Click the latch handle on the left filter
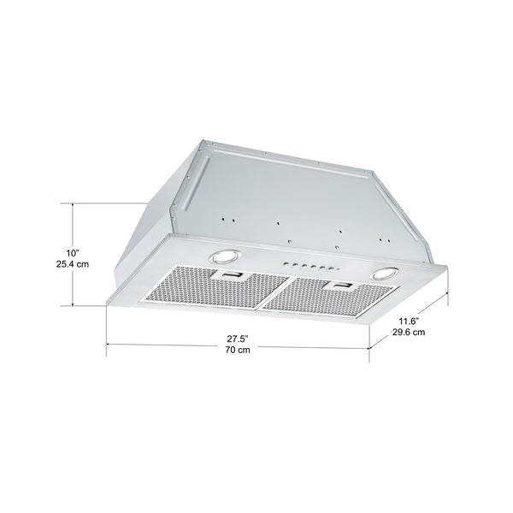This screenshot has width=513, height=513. (x=233, y=275)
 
